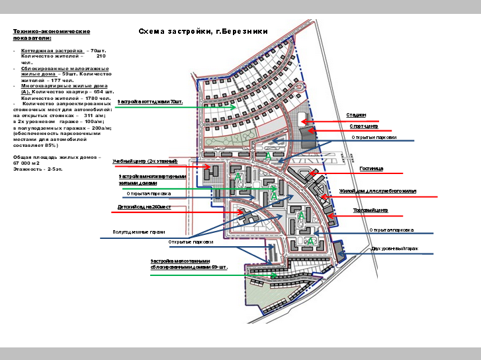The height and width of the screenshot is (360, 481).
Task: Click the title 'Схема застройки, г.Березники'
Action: pyautogui.click(x=202, y=31)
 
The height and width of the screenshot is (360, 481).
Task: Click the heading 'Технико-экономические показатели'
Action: pyautogui.click(x=51, y=34)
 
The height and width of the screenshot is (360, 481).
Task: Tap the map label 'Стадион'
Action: pyautogui.click(x=356, y=115)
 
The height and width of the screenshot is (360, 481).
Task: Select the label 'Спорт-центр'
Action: pyautogui.click(x=364, y=126)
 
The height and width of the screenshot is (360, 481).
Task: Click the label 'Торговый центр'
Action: pyautogui.click(x=371, y=210)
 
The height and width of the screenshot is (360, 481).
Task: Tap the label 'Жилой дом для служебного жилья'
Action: pyautogui.click(x=377, y=191)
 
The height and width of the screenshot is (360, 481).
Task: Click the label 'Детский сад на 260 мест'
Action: pyautogui.click(x=144, y=207)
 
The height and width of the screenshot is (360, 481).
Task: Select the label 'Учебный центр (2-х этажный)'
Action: pyautogui.click(x=145, y=161)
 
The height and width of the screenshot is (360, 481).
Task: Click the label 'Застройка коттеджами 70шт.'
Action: pyautogui.click(x=150, y=102)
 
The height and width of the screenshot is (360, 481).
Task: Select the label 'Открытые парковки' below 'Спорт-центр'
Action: pyautogui.click(x=374, y=138)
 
